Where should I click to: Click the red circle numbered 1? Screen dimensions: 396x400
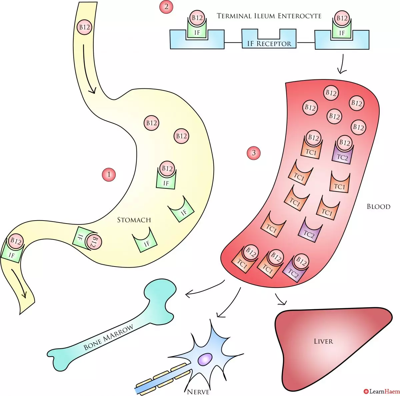tap(109, 174)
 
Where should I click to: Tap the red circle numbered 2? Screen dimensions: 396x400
tap(166, 7)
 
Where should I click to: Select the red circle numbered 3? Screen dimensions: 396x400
tap(254, 153)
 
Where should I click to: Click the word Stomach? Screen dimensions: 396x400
tap(134, 220)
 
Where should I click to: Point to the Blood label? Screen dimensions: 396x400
tap(378, 207)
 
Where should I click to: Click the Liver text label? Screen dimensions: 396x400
tap(323, 341)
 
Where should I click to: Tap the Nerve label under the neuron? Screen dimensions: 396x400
tap(198, 391)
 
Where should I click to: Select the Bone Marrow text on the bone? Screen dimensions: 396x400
tap(108, 337)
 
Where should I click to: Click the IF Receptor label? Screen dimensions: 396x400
tap(269, 43)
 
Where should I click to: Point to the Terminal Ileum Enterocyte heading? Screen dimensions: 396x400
tap(269, 16)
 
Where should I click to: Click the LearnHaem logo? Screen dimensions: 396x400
tap(382, 391)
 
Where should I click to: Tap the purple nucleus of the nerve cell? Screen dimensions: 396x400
tap(205, 359)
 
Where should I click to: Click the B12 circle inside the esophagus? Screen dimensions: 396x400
tap(84, 27)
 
